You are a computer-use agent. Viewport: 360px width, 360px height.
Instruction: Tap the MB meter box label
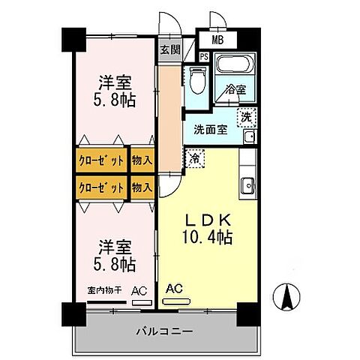pyautogui.click(x=217, y=40)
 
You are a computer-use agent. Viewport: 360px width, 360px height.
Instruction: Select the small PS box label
pyautogui.click(x=204, y=55)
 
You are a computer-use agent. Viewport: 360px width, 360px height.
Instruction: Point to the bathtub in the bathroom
pyautogui.click(x=235, y=65)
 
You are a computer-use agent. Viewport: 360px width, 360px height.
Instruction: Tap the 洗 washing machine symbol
pyautogui.click(x=246, y=117)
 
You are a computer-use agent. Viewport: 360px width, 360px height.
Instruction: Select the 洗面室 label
pyautogui.click(x=210, y=128)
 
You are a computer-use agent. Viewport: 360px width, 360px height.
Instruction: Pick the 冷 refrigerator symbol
pyautogui.click(x=194, y=159)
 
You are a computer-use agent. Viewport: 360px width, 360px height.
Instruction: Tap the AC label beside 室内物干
pyautogui.click(x=139, y=290)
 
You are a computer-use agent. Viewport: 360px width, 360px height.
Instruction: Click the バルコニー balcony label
pyautogui.click(x=164, y=331)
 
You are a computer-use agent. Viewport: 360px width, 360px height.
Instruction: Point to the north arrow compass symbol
pyautogui.click(x=286, y=298)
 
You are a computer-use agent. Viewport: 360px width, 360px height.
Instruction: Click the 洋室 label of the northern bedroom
pyautogui.click(x=114, y=82)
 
